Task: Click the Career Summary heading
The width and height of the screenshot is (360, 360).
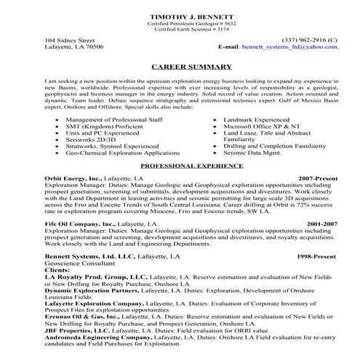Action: tap(180, 65)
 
